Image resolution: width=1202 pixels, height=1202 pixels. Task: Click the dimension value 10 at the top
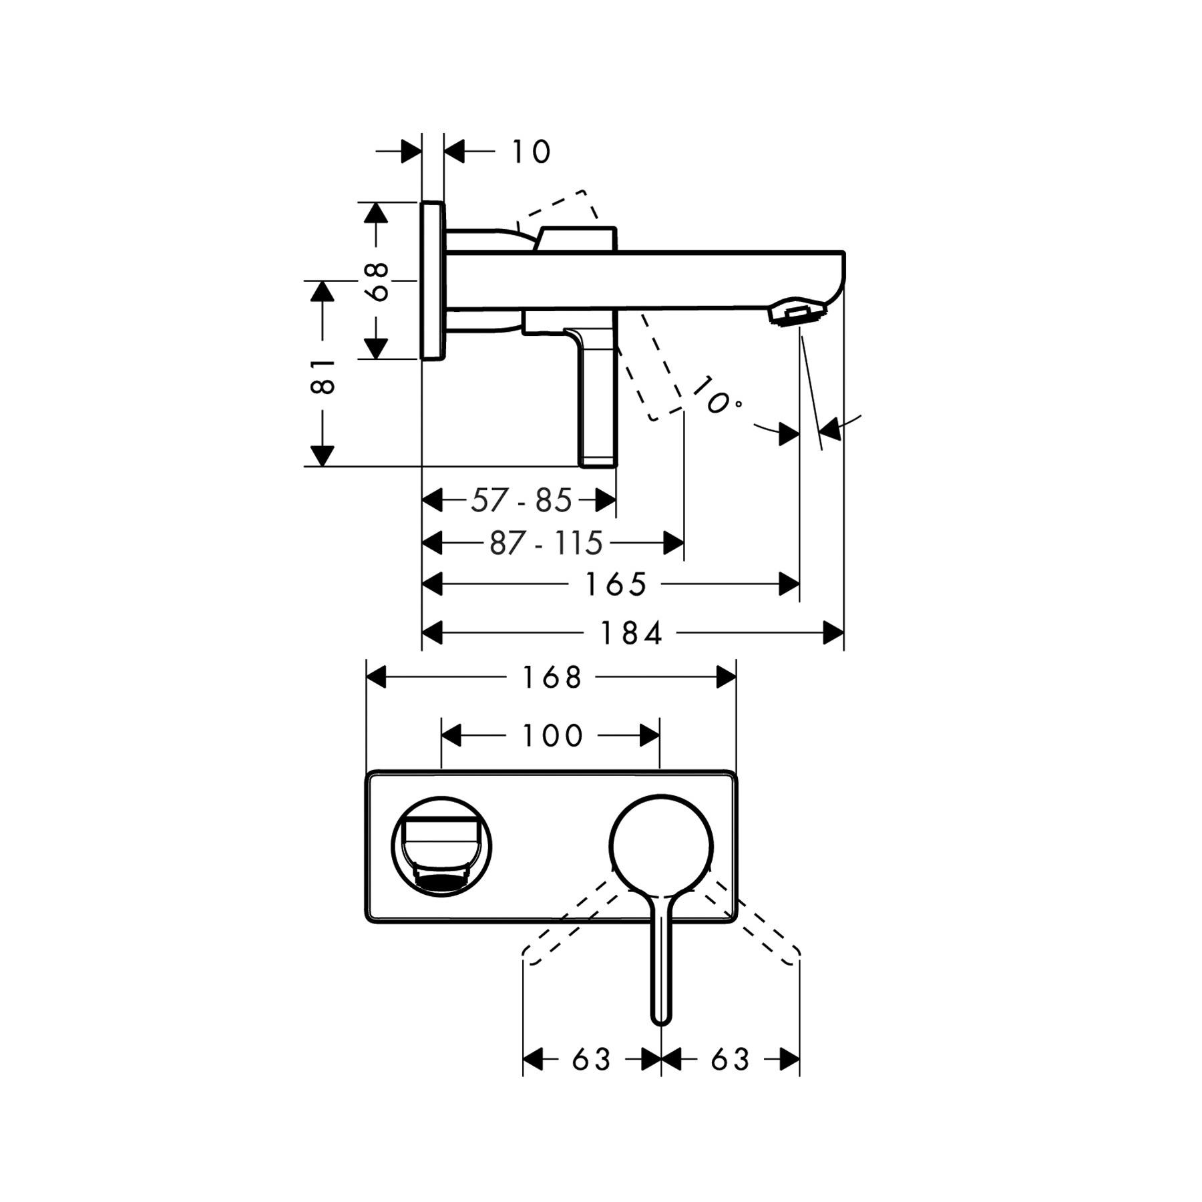pyautogui.click(x=531, y=152)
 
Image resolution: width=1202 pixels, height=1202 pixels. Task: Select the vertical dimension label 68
pyautogui.click(x=378, y=281)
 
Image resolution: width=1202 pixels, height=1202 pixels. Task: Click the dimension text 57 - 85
pyautogui.click(x=521, y=500)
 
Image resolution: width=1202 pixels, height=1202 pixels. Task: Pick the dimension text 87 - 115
pyautogui.click(x=546, y=543)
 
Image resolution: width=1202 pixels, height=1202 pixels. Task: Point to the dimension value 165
pyautogui.click(x=616, y=585)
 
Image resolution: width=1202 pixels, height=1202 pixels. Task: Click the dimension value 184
pyautogui.click(x=632, y=633)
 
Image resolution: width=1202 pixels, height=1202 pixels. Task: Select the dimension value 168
pyautogui.click(x=552, y=678)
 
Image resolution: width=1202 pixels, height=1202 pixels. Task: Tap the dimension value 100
pyautogui.click(x=552, y=736)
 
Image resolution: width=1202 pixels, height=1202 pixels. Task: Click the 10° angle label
pyautogui.click(x=715, y=397)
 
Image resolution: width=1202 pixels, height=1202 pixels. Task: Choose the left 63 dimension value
pyautogui.click(x=592, y=1060)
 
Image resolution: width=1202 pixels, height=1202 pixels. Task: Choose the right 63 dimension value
pyautogui.click(x=730, y=1060)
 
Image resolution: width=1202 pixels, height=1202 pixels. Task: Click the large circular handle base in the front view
pyautogui.click(x=660, y=845)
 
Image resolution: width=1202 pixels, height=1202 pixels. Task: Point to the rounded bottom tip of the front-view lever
pyautogui.click(x=660, y=1018)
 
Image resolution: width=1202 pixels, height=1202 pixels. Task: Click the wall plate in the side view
pyautogui.click(x=432, y=280)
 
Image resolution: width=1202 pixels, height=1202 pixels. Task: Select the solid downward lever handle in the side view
pyautogui.click(x=600, y=401)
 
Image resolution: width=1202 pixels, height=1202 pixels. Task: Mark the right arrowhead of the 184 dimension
pyautogui.click(x=833, y=633)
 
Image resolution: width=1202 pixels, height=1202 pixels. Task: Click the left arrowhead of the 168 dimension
pyautogui.click(x=377, y=678)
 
